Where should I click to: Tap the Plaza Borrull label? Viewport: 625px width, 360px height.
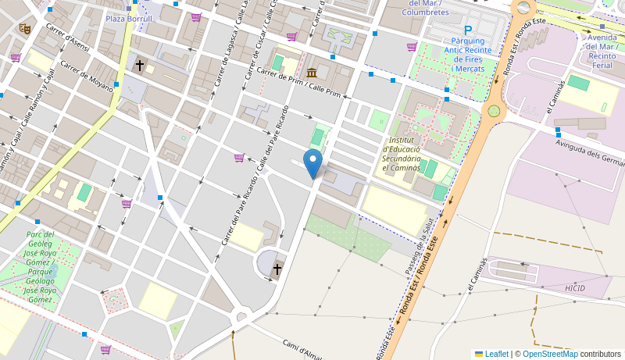129,18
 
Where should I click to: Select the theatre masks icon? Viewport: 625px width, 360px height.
25,28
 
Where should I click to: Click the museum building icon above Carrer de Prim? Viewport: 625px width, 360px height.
312,73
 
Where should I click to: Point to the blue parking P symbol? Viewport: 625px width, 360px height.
468,30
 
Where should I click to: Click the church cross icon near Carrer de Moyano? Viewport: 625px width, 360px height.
140,66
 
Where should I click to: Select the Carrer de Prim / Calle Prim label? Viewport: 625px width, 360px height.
298,83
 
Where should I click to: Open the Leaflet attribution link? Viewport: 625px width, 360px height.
491,354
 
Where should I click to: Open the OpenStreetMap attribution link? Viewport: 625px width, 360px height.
550,354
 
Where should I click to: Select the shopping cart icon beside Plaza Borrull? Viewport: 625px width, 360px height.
195,17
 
